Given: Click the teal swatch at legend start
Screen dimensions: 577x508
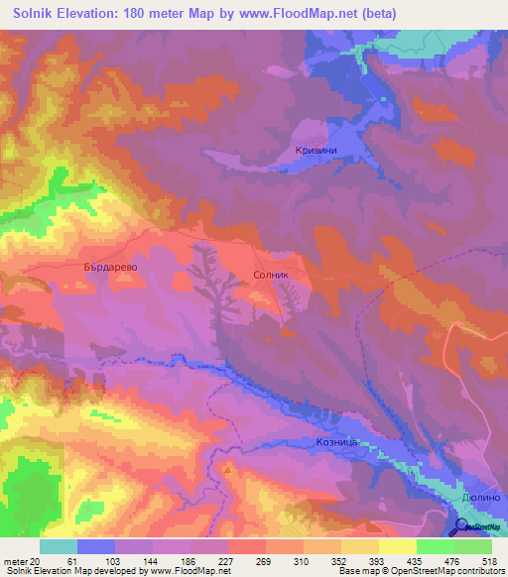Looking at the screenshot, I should [58, 545].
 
